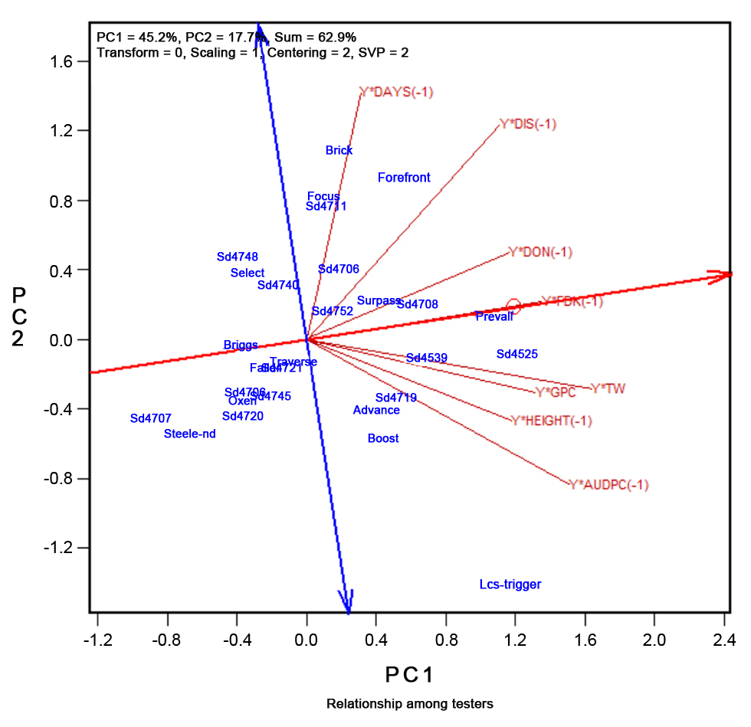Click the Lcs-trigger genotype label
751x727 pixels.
pos(510,585)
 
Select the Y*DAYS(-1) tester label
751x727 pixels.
pos(397,92)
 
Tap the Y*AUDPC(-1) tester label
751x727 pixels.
pos(609,485)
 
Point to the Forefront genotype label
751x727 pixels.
pos(404,178)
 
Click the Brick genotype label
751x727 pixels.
pos(339,151)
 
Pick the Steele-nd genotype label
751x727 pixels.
pos(190,434)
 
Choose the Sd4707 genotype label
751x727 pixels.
pos(151,418)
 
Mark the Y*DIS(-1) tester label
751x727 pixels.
pos(528,123)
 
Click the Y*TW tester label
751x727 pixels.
pos(608,389)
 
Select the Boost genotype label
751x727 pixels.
pos(383,439)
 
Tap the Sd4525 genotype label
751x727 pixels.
pos(517,354)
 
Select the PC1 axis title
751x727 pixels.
pos(409,675)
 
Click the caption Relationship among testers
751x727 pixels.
pos(409,703)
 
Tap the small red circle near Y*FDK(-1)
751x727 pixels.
pos(513,306)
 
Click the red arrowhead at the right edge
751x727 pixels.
pos(721,276)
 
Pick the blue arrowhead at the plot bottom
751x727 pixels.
pos(347,602)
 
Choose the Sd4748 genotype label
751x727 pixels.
pos(238,257)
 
